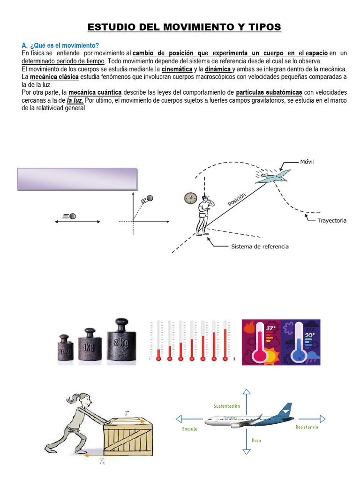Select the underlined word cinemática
pyautogui.click(x=177, y=69)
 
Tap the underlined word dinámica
pyautogui.click(x=218, y=69)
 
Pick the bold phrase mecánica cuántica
pyautogui.click(x=95, y=92)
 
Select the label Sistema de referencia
pyautogui.click(x=260, y=247)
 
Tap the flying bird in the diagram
pyautogui.click(x=272, y=177)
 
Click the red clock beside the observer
pyautogui.click(x=190, y=198)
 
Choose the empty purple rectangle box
pyautogui.click(x=77, y=179)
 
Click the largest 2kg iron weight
pyautogui.click(x=122, y=340)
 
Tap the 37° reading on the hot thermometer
pyautogui.click(x=270, y=328)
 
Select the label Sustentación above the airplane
pyautogui.click(x=227, y=405)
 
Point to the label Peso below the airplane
pyautogui.click(x=256, y=440)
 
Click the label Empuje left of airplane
pyautogui.click(x=190, y=428)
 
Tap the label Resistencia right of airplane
pyautogui.click(x=307, y=427)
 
